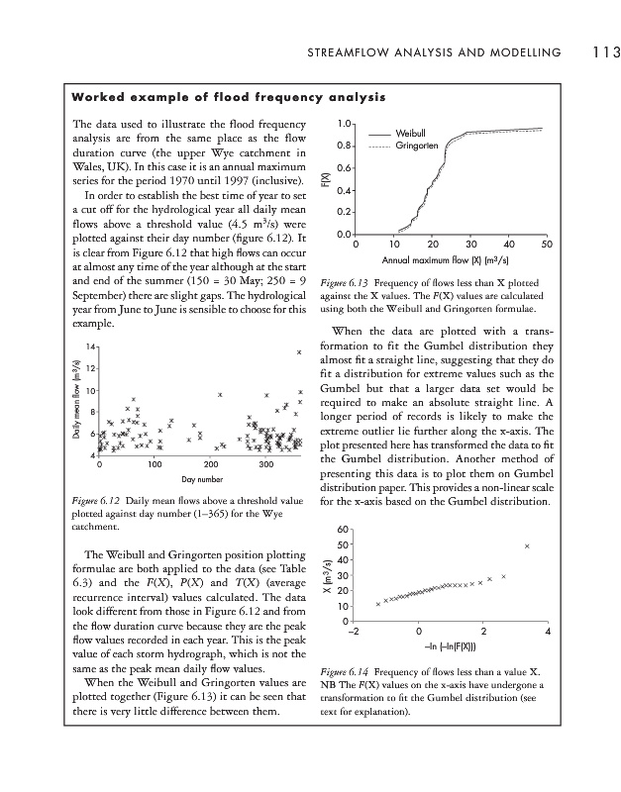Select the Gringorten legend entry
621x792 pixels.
coord(416,147)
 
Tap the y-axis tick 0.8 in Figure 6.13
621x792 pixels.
coord(342,146)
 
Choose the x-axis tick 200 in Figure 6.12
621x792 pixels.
coord(210,463)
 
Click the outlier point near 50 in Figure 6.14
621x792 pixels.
coord(528,545)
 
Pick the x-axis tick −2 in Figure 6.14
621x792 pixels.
coord(355,633)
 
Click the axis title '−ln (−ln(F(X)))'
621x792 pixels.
coord(451,646)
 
